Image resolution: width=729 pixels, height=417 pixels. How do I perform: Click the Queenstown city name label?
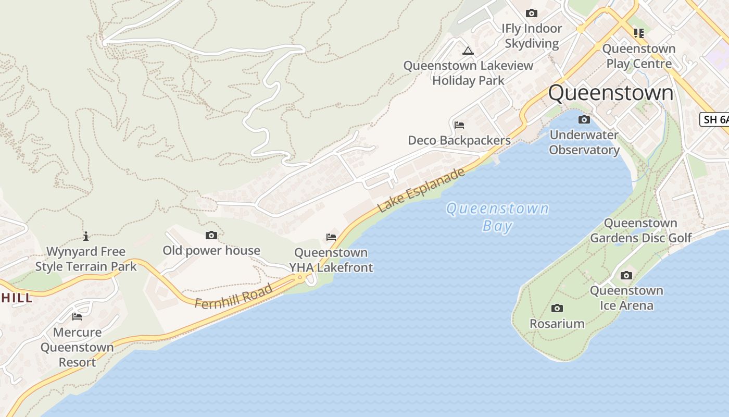coord(610,93)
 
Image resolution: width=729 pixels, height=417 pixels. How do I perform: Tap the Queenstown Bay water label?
coord(497,217)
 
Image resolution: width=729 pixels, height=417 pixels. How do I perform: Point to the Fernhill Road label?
coord(234,296)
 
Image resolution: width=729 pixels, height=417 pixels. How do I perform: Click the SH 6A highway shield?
coord(714,119)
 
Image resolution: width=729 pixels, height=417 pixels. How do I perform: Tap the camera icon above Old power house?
coord(211,236)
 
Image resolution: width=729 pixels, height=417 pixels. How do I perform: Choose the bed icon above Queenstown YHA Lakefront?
coord(331,237)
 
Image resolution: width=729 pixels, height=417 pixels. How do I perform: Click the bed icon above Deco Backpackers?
coord(459,125)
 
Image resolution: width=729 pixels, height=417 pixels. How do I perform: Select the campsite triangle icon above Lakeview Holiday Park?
coord(468,51)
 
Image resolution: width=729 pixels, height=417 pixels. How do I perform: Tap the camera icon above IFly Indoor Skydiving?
coord(531,13)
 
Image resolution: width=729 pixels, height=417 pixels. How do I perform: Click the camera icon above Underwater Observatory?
coord(584,120)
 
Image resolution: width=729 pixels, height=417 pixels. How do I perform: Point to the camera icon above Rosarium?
coord(557,309)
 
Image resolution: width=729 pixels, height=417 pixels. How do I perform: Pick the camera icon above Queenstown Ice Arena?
coord(626,275)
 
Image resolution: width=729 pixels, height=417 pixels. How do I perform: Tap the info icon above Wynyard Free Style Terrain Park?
coord(86,236)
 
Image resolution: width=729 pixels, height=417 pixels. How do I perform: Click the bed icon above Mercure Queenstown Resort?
coord(77,317)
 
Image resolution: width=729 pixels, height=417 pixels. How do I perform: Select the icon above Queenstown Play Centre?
coord(639,33)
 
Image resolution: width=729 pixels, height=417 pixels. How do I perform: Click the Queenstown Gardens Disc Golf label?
coord(640,230)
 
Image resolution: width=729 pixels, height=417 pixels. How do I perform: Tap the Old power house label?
coord(211,251)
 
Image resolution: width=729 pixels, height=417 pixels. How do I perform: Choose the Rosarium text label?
coord(557,324)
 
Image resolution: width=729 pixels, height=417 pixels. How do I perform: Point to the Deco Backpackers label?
coord(459,141)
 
